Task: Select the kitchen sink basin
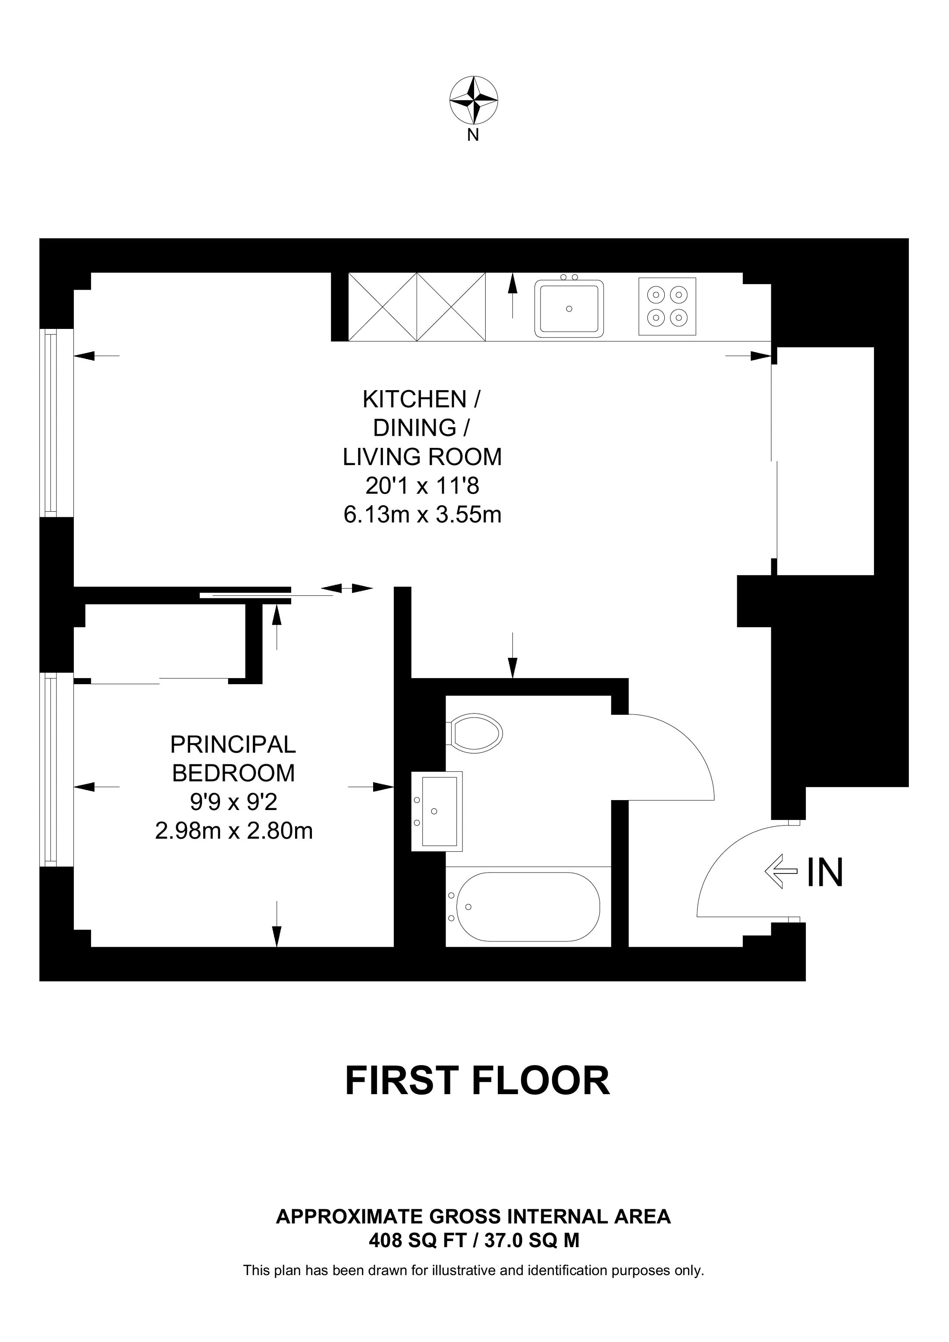pos(569,308)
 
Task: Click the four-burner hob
pos(667,306)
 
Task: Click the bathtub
pos(528,907)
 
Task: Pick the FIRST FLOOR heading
pos(477,1081)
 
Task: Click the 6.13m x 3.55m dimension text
pos(422,515)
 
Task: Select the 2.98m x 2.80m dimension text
pos(234,831)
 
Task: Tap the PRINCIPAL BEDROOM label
pos(233,759)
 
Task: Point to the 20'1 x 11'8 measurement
pos(422,486)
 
